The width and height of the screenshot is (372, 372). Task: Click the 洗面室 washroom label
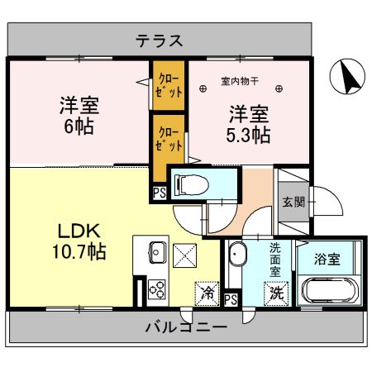(275, 258)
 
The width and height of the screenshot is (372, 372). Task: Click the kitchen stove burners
(156, 290)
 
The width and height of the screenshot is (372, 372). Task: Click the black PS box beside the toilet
(158, 194)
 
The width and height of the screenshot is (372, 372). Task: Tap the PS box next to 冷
(231, 299)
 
